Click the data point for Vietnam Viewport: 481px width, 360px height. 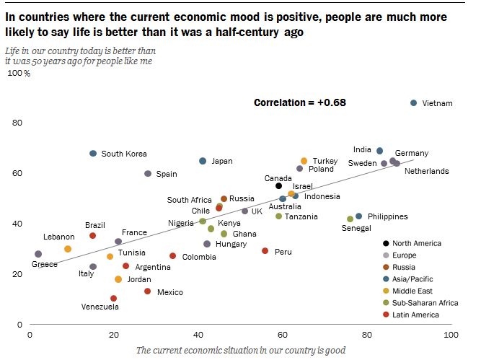click(x=413, y=103)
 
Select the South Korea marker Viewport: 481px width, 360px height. click(x=93, y=154)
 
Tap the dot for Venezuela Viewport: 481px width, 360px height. click(x=113, y=298)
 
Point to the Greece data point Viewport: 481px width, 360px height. click(x=38, y=254)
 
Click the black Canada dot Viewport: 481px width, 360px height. click(x=279, y=186)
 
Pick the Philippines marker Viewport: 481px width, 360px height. click(x=359, y=216)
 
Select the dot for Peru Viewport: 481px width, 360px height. click(x=265, y=251)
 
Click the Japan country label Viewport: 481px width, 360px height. click(x=222, y=161)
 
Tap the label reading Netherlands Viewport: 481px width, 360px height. click(x=427, y=171)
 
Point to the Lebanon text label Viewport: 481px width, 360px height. click(x=58, y=237)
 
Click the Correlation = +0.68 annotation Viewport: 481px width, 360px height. click(x=300, y=102)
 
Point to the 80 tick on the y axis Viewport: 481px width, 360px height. click(x=17, y=123)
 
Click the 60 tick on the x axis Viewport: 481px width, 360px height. click(x=283, y=335)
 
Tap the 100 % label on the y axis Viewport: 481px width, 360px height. click(x=19, y=74)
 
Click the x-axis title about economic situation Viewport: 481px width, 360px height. click(x=240, y=350)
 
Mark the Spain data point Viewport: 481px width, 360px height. click(x=148, y=174)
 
